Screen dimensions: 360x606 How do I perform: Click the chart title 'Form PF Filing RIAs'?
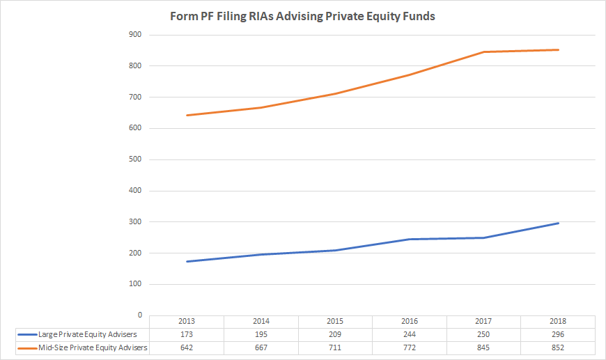pos(302,16)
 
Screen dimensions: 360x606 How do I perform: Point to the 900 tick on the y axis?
pos(135,35)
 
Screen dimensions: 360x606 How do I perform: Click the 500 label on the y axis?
pos(135,159)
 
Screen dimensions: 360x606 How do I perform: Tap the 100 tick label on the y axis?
pos(135,284)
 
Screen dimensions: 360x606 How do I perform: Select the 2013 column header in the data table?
pos(187,322)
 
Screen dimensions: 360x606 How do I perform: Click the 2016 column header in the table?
pos(410,322)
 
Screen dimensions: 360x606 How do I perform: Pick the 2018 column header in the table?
pos(558,322)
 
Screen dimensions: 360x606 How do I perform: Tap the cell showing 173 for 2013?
pos(187,335)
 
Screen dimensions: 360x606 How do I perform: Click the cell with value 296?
pos(558,335)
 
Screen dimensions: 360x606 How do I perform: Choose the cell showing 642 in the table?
pos(187,347)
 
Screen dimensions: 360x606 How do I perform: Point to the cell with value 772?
pos(410,347)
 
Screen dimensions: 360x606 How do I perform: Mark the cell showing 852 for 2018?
pos(558,347)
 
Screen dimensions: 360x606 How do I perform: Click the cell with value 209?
pos(336,335)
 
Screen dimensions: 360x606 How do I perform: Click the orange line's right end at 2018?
pos(558,49)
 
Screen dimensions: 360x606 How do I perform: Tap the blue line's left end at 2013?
pos(187,262)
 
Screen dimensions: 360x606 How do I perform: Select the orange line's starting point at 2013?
pos(187,115)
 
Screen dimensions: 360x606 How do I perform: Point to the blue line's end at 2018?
pos(558,223)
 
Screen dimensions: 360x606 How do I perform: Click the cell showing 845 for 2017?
pos(484,347)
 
